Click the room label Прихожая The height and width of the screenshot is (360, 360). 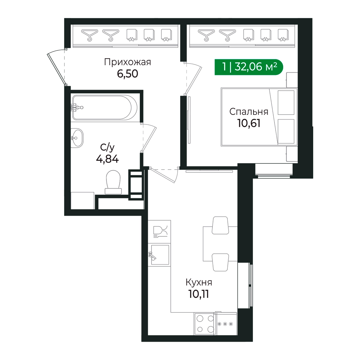coord(127,62)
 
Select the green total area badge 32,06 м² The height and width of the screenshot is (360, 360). coord(249,67)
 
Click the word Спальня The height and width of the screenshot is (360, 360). coord(249,112)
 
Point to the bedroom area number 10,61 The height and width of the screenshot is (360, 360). coord(249,123)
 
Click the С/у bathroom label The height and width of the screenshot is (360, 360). coord(107,148)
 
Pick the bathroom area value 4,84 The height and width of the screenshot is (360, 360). coord(107,159)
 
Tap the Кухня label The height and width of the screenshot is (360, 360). coord(199,283)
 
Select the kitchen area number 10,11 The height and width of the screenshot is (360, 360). coord(199,294)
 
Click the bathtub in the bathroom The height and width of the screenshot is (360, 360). coord(105,108)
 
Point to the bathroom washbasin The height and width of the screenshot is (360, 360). coord(77,138)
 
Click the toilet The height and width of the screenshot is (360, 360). coord(113,182)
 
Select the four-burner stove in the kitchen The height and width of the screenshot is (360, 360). coord(205,324)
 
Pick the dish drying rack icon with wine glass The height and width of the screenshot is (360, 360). coord(159,232)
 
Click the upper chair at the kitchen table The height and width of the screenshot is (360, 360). coord(220,225)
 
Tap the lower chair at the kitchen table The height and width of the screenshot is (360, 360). coord(220,262)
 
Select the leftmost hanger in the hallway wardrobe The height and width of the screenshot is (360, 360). coord(89,35)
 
